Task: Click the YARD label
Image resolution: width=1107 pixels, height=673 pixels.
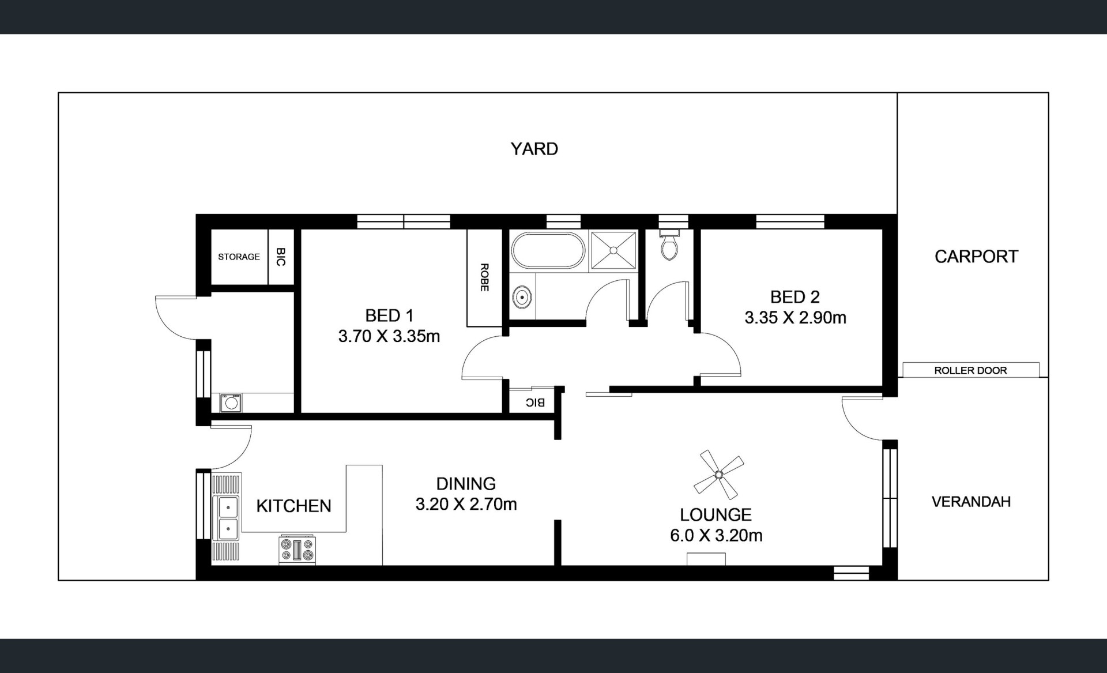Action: (534, 149)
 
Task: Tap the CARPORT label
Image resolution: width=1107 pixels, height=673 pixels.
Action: (976, 257)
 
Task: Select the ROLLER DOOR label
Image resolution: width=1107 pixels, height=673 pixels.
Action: (970, 370)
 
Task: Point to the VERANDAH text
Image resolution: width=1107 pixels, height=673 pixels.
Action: (971, 502)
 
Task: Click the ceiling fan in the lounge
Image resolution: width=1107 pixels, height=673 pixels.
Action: (718, 475)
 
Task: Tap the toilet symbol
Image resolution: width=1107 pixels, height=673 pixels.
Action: (669, 245)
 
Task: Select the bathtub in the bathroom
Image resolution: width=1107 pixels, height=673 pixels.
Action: (548, 250)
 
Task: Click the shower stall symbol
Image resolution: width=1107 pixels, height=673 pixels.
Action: (613, 250)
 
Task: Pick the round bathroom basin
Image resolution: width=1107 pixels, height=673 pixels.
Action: (522, 298)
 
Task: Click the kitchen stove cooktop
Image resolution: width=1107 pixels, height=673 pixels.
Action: (298, 549)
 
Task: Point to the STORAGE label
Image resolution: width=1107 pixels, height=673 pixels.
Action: (239, 257)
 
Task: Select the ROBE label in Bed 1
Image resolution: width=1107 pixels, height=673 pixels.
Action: (484, 277)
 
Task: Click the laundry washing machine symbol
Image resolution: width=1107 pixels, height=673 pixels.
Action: (231, 403)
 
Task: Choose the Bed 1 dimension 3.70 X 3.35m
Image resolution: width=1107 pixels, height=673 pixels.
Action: (389, 336)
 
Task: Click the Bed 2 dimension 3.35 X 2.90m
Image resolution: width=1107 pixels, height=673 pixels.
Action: (796, 318)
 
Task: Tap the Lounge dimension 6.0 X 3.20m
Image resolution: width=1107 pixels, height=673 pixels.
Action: (716, 536)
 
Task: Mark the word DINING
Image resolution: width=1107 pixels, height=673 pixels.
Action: (466, 484)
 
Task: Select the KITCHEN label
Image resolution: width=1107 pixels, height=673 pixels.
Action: (294, 506)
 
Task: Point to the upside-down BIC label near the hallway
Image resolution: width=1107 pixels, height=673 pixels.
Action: (535, 403)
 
